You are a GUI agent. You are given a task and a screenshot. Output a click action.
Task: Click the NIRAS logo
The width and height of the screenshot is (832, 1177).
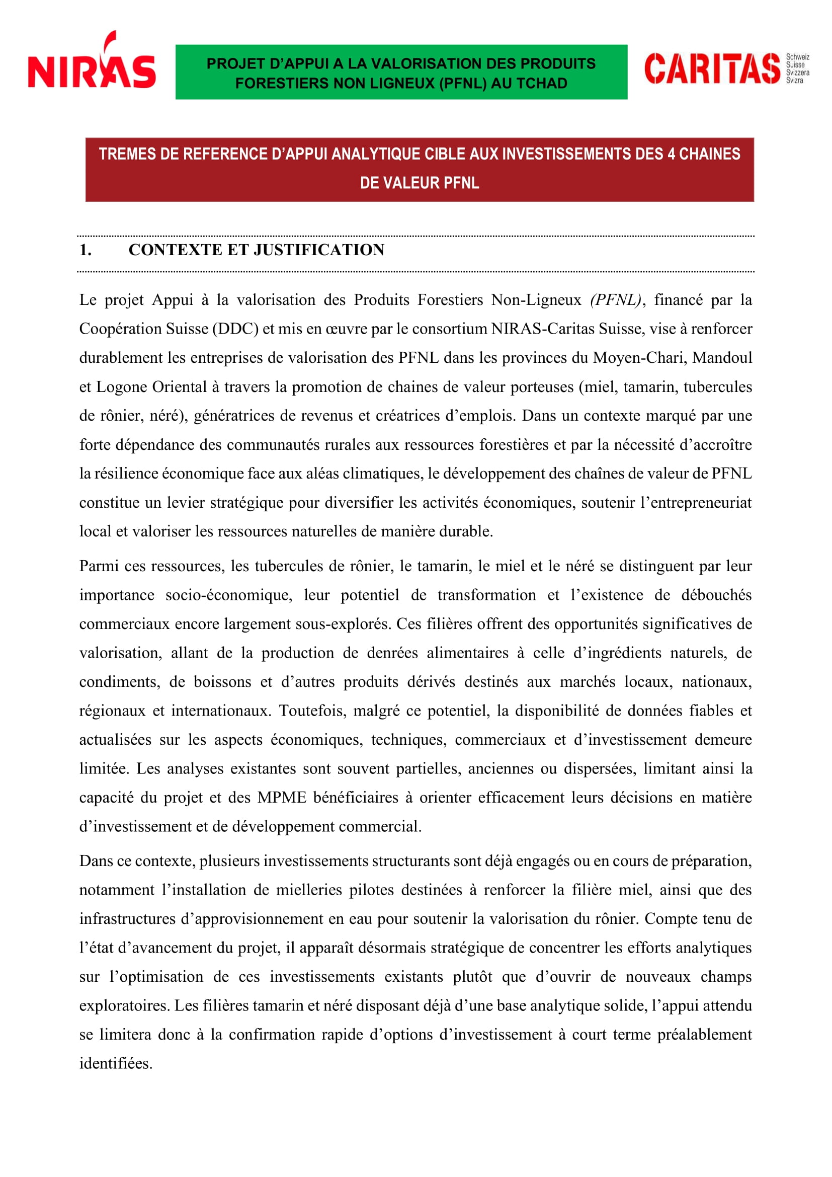pos(92,61)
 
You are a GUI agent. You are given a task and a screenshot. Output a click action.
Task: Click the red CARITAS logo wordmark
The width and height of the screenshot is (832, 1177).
pos(712,69)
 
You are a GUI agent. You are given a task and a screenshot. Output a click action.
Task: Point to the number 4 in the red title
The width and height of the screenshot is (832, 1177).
pos(671,154)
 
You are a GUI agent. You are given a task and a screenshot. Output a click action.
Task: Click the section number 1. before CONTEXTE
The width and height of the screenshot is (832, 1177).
pos(86,250)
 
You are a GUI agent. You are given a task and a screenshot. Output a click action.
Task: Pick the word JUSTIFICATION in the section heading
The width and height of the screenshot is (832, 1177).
pos(318,250)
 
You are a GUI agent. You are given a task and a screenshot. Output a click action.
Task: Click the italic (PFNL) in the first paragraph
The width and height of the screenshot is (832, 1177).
pos(615,300)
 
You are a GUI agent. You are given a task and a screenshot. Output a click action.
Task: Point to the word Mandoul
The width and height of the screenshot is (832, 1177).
pos(722,358)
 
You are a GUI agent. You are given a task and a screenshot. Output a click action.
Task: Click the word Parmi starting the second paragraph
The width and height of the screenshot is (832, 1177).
pos(98,566)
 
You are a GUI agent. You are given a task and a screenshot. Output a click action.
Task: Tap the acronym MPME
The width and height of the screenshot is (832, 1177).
pos(281,798)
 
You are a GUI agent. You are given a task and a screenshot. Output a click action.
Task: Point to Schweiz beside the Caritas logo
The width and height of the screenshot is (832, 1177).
pos(798,57)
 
